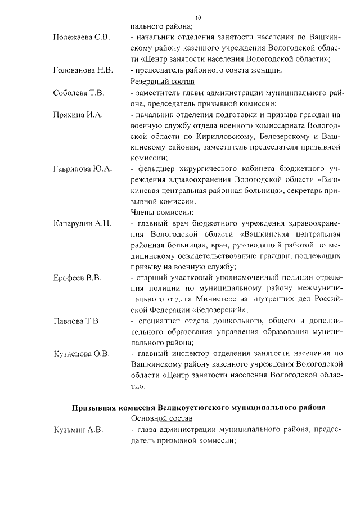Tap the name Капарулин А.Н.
tap(82, 224)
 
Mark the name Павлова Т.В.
tap(76, 321)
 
